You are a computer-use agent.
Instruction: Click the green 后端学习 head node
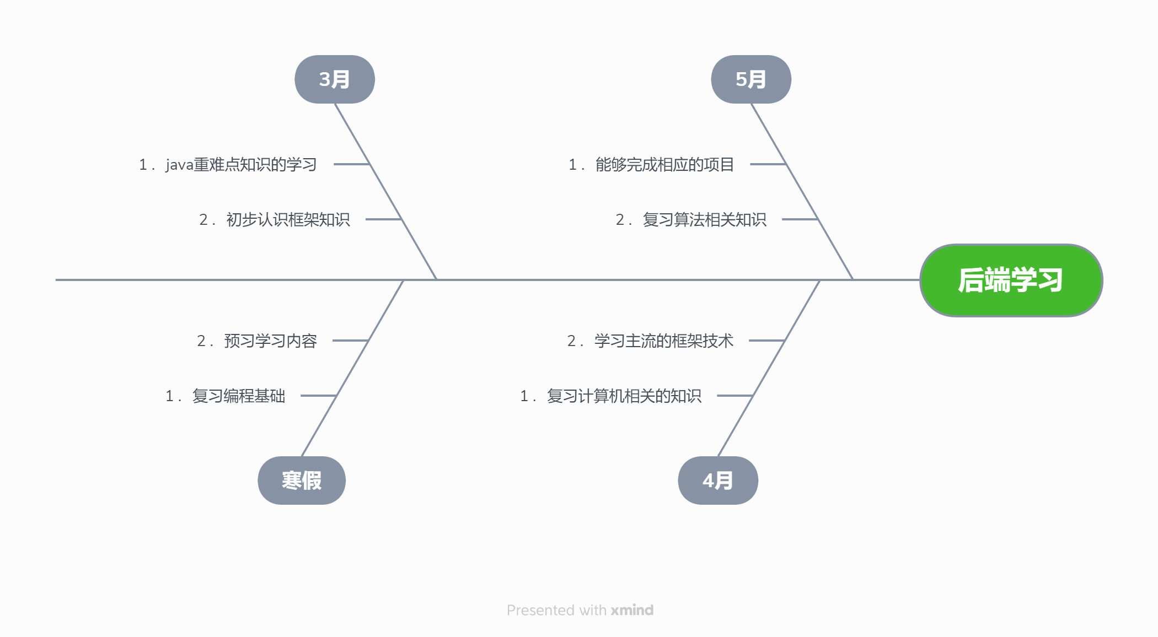tap(1011, 280)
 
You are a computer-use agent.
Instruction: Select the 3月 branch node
tap(335, 79)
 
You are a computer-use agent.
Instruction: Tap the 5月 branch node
tap(751, 79)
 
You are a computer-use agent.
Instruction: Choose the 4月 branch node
tap(718, 481)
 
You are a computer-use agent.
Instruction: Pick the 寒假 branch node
tap(302, 481)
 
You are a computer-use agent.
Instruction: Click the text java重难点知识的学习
tap(241, 164)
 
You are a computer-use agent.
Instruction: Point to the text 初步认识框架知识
tap(288, 219)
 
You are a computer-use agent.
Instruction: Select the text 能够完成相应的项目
tap(664, 164)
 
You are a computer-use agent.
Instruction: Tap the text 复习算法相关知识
tap(704, 219)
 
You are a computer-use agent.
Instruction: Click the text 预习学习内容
tap(270, 341)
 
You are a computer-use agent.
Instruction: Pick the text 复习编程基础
tap(238, 396)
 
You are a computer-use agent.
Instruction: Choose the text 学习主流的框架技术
tap(663, 341)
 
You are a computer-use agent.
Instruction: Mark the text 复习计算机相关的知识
tap(624, 396)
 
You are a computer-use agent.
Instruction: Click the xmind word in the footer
tap(632, 610)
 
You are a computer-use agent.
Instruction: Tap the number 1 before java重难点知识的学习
tap(143, 165)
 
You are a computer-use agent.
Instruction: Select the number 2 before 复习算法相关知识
tap(620, 220)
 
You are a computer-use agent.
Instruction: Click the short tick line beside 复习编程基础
tap(318, 396)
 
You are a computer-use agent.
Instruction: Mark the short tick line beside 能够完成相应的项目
tap(768, 164)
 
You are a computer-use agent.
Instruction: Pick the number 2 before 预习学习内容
tap(201, 341)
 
